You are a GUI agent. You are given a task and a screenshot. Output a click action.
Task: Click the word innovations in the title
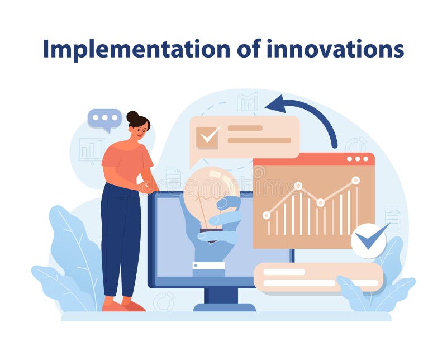335,49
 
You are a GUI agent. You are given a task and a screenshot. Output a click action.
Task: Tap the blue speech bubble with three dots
104,119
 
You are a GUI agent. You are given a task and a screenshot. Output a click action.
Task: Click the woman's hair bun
132,117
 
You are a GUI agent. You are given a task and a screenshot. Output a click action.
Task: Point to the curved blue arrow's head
274,104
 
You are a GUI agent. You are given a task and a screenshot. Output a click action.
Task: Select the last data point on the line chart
355,180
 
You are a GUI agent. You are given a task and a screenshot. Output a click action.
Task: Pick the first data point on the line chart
267,215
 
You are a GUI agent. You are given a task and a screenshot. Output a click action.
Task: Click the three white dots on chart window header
358,159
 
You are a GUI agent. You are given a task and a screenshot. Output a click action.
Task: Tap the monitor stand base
224,306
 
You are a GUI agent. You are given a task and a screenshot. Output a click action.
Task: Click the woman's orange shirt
126,159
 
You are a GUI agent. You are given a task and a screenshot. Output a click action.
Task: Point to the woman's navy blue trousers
120,235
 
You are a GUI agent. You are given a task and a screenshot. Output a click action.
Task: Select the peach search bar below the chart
318,277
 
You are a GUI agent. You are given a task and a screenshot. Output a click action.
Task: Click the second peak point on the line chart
298,186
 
